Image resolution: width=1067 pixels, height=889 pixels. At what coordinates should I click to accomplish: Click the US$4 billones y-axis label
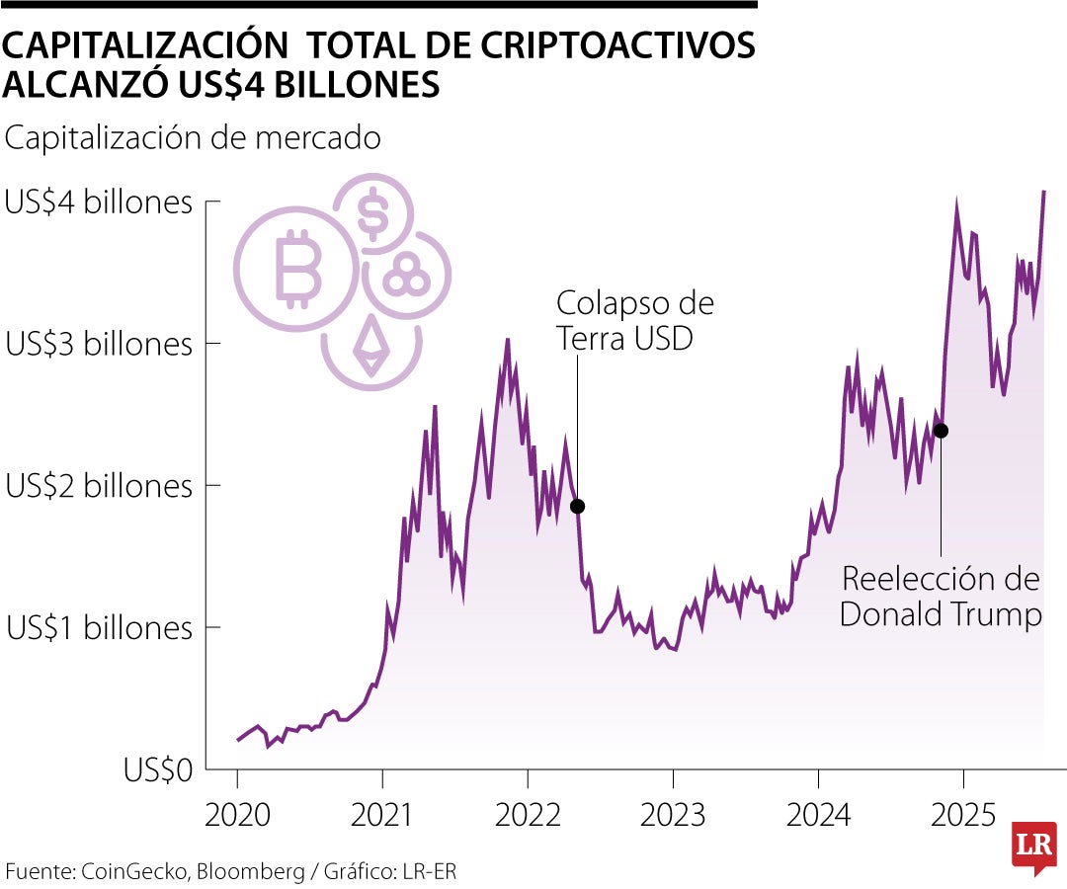click(x=98, y=202)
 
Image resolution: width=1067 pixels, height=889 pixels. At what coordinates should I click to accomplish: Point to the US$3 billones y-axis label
click(x=98, y=345)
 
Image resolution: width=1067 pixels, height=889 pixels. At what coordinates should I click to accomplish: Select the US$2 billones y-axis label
click(x=98, y=486)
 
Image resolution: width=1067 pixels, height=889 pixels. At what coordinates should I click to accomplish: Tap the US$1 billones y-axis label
click(x=98, y=627)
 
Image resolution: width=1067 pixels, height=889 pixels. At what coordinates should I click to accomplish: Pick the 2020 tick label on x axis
click(x=237, y=816)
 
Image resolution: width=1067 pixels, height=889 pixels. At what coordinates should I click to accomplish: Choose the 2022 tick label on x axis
click(x=528, y=816)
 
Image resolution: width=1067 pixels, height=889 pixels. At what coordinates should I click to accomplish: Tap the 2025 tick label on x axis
click(x=963, y=816)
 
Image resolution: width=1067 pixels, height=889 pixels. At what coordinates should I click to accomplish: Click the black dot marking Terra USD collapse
click(x=578, y=506)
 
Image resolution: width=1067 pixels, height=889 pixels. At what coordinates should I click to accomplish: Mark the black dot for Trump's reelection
click(x=941, y=431)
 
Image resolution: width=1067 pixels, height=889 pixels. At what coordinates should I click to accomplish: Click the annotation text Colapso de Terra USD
click(x=634, y=320)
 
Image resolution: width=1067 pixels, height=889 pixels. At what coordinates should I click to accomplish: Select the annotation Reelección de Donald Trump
click(x=941, y=596)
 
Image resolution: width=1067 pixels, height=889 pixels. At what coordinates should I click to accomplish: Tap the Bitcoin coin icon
click(x=294, y=268)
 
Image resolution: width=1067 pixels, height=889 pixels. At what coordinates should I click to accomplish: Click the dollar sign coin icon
click(x=372, y=215)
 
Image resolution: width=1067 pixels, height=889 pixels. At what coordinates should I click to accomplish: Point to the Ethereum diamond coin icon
click(x=371, y=346)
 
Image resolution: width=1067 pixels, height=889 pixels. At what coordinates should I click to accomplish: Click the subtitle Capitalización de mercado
click(x=193, y=138)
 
